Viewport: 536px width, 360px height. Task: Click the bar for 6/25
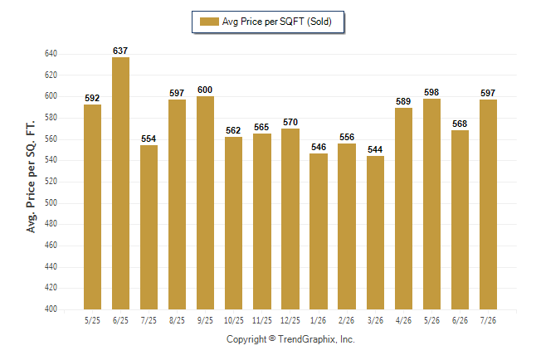120,183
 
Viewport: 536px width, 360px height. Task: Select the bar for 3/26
375,233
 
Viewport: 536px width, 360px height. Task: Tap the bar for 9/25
205,202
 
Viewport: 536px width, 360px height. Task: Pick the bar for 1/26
319,231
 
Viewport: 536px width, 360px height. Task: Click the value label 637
120,51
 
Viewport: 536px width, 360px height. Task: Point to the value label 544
375,150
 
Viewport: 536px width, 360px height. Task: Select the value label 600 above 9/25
205,90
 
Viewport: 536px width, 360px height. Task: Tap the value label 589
403,101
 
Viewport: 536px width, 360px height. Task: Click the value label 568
460,124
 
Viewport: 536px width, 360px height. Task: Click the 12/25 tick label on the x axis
290,321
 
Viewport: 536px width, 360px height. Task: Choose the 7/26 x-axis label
488,321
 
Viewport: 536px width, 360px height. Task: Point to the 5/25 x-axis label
92,321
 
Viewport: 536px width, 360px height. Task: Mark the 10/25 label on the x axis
234,321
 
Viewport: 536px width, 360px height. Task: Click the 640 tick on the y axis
51,54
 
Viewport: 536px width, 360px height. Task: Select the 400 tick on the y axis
51,309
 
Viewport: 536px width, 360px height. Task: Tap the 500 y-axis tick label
51,202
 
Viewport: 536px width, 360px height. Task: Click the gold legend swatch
209,22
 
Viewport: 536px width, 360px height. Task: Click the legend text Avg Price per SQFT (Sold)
277,22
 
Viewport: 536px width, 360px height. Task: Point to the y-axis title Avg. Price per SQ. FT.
31,177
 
